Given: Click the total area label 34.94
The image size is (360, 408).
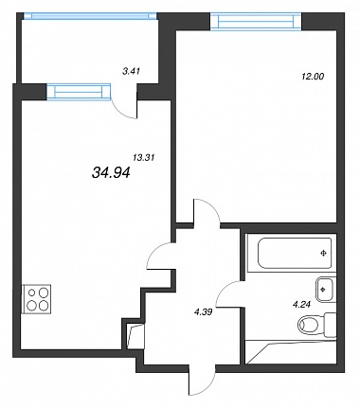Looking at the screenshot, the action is coord(111,172).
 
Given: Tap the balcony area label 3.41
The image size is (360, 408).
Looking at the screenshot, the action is coord(131,71).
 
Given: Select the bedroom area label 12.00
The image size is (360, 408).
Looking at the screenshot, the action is coord(313,77).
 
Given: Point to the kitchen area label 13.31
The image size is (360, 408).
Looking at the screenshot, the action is coord(144,157).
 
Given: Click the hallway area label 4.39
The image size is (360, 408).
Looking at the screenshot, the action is coord(203,312).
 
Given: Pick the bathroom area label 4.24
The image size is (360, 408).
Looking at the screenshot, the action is coord(302,305).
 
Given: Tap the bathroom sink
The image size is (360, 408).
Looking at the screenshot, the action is coord(325,290).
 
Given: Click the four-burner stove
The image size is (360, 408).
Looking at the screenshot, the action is coord(36,299).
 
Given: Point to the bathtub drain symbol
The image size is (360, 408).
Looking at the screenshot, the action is coord(323,253).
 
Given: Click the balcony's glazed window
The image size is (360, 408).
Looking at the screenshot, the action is coord(90,16).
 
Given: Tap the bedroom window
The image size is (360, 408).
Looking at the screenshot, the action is coord(256,21).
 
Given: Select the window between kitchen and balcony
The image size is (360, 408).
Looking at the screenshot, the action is coord(79,92).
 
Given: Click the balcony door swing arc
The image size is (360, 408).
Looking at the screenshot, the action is coord(122,111).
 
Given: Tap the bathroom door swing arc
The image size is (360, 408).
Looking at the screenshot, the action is coord(229,291).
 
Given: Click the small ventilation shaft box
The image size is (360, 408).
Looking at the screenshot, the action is coord(135,336).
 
